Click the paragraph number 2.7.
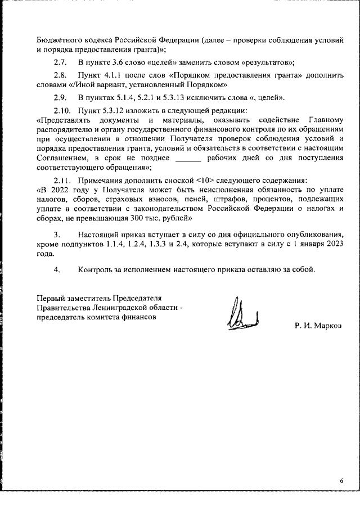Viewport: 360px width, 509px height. (x=60, y=62)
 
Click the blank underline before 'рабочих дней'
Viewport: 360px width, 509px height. (x=188, y=159)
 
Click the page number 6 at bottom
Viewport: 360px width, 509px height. (x=341, y=480)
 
